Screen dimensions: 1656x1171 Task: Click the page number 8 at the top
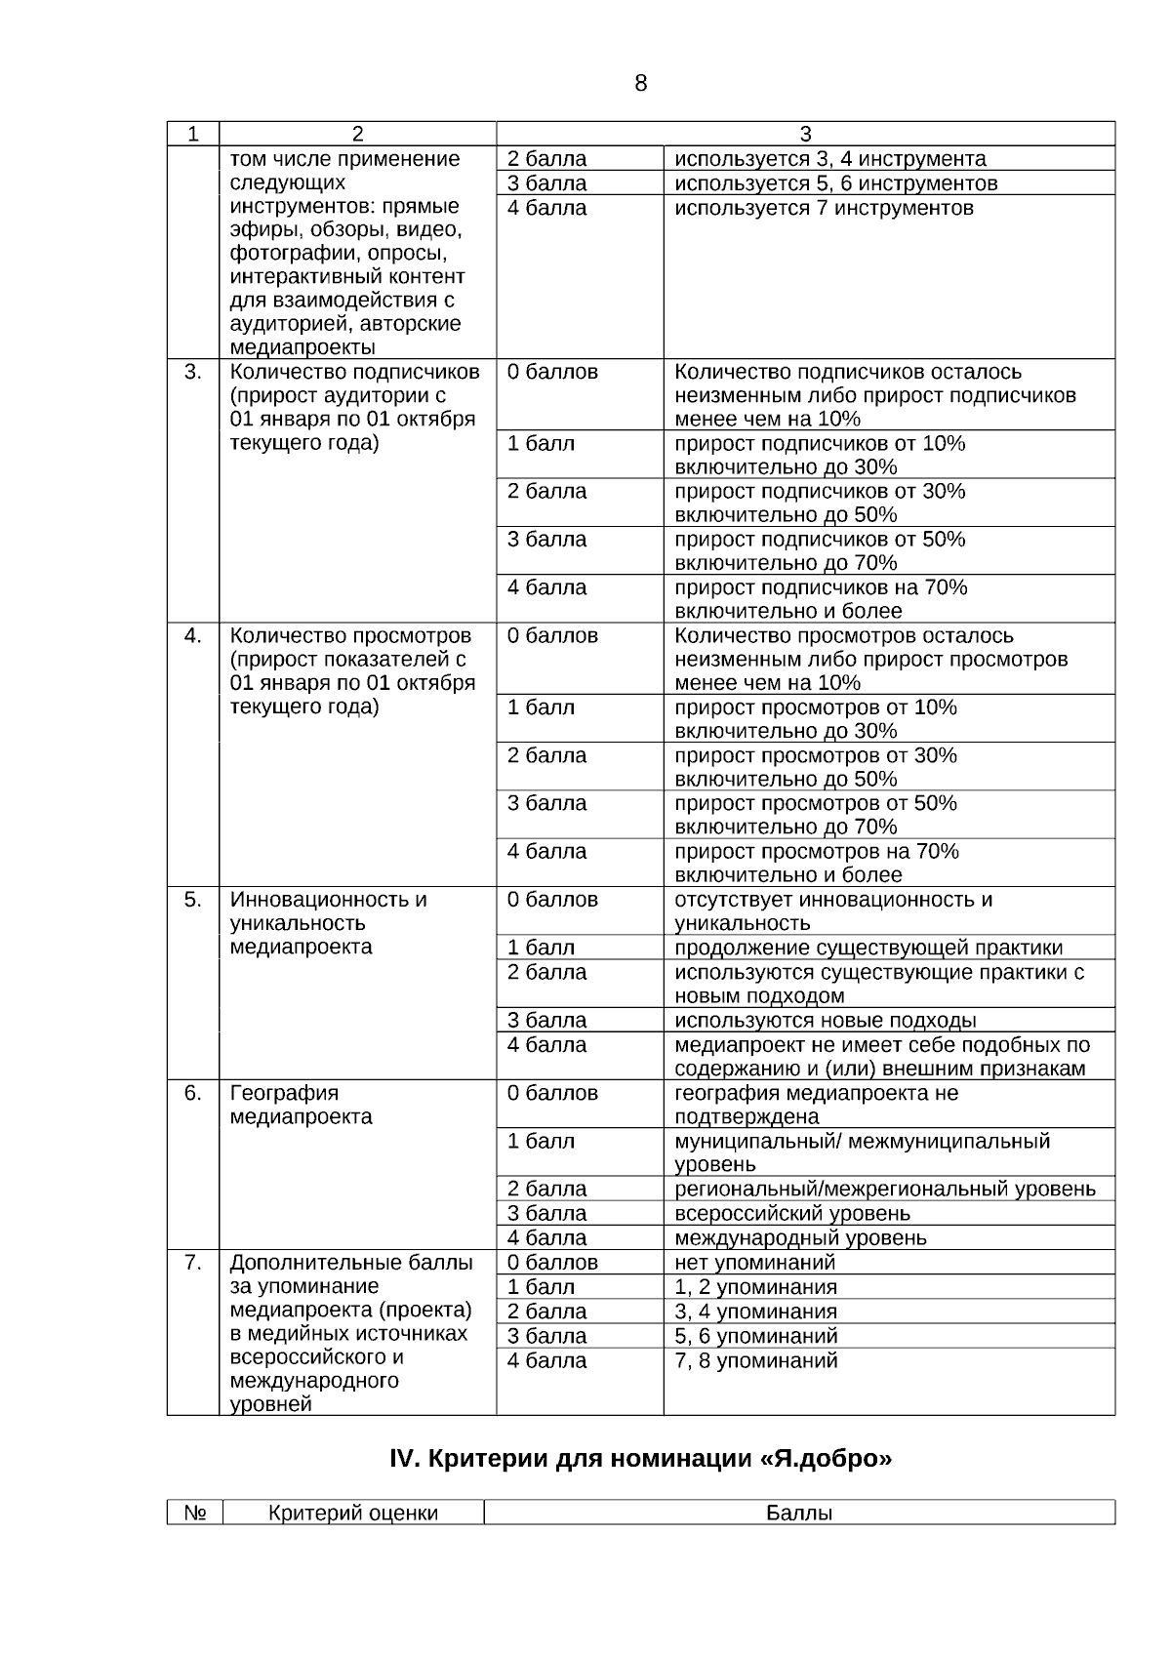tap(640, 84)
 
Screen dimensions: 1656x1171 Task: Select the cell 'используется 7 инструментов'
tap(824, 208)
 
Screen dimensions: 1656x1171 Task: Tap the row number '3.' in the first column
tap(193, 372)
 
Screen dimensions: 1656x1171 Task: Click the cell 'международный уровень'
tap(800, 1237)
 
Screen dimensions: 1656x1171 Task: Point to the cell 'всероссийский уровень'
tap(791, 1213)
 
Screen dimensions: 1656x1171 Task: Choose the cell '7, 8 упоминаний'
tap(755, 1360)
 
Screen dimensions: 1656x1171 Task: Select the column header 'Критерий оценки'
tap(353, 1513)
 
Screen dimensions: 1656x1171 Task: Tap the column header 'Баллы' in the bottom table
tap(798, 1513)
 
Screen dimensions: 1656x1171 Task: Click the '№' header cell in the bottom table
tap(194, 1513)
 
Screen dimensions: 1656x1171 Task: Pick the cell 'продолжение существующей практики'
tap(868, 948)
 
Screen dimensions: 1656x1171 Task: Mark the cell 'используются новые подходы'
tap(825, 1020)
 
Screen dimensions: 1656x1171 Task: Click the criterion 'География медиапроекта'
tap(301, 1105)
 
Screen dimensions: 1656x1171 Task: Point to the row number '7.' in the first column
tap(193, 1263)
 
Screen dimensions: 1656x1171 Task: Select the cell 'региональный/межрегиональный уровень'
tap(884, 1189)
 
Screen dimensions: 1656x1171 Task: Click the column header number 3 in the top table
tap(805, 134)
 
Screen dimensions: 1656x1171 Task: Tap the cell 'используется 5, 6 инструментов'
tap(835, 183)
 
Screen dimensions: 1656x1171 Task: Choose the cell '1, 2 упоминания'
tap(755, 1287)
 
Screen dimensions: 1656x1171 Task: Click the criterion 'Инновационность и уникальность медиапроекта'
tap(328, 922)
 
